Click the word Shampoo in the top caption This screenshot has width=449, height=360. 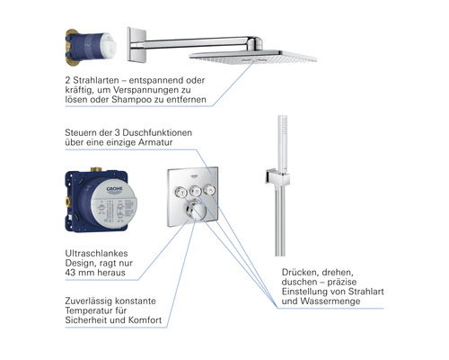(131, 99)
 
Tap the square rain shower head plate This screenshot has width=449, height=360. (253, 57)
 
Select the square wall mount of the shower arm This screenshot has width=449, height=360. (136, 44)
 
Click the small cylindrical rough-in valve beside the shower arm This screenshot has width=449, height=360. (91, 47)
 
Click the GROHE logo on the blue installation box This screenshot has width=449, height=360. (115, 190)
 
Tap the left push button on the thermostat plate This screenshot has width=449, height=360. (181, 191)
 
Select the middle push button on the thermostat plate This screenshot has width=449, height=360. (196, 190)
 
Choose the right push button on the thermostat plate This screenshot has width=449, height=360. (209, 190)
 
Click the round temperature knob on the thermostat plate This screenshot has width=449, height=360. (194, 210)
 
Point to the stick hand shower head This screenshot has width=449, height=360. (283, 142)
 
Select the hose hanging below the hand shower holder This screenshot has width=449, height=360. (280, 220)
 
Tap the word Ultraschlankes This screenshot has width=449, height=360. (96, 253)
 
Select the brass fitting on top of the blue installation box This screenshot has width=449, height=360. (96, 169)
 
